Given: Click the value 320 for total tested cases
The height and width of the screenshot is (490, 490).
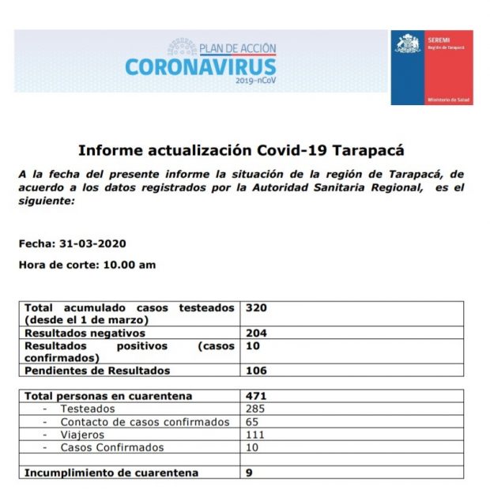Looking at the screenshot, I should tap(256, 307).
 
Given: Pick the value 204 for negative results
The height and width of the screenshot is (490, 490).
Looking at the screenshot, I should tap(256, 334).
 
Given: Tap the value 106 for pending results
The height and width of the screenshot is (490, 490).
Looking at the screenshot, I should tap(256, 371).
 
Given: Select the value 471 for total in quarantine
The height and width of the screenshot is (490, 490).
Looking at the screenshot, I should tap(256, 396).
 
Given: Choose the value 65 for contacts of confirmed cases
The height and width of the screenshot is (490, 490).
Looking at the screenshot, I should tap(253, 422).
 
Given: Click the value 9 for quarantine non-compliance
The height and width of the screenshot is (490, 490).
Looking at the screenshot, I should tap(250, 473).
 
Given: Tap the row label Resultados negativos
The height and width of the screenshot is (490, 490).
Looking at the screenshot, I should tap(87, 334).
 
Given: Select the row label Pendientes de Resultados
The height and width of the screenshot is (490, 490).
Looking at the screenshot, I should tap(97, 371).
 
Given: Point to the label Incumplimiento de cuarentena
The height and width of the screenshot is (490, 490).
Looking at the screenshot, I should tap(111, 473).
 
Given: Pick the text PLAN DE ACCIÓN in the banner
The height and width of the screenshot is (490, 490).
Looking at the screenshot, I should tap(238, 48).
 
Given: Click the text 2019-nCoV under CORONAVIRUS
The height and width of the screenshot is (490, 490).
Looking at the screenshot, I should tap(255, 81).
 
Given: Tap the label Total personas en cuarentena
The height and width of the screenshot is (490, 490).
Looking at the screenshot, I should tap(108, 396).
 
